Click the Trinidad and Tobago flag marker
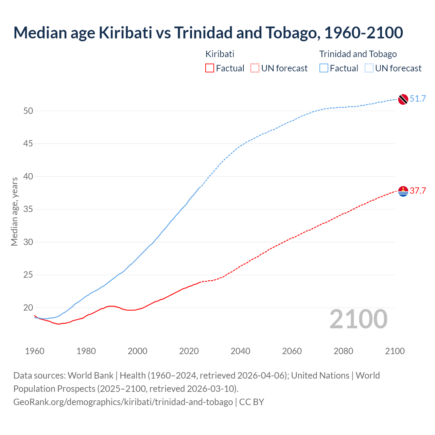coord(403,99)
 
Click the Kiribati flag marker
coord(403,191)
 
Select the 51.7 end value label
coord(418,99)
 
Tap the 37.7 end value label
coord(418,191)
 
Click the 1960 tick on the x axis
coord(35,351)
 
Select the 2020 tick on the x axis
coord(189,351)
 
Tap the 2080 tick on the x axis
coord(343,351)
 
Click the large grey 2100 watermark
coord(358,319)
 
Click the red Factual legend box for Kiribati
coord(210,68)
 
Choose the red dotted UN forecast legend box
coord(255,68)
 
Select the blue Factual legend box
coord(324,68)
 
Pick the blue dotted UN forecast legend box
coord(369,68)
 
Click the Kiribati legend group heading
coord(220,54)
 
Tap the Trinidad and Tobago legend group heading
coord(358,54)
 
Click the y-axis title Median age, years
coord(14,211)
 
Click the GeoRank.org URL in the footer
coord(123,402)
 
